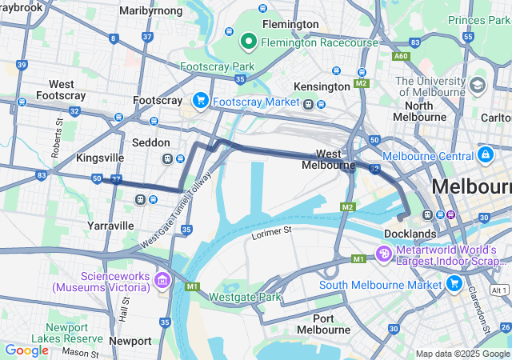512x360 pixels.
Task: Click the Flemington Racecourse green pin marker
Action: (x=248, y=39)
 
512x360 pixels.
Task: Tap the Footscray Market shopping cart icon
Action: (x=200, y=101)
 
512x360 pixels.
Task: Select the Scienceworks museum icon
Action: (x=163, y=280)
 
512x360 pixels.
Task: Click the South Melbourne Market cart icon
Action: (x=454, y=283)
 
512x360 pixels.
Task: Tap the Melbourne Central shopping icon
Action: (x=485, y=154)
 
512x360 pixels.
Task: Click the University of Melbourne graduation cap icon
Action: (x=478, y=85)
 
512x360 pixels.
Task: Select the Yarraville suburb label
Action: (x=110, y=226)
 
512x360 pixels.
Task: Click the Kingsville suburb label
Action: (x=99, y=158)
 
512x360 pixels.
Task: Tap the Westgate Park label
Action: (x=245, y=298)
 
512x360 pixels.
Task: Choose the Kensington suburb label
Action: (x=317, y=86)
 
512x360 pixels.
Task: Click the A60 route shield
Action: (x=401, y=56)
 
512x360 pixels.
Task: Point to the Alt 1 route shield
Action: (x=499, y=289)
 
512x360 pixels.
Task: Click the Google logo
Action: (x=26, y=350)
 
